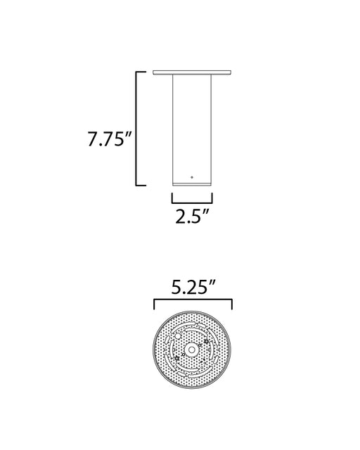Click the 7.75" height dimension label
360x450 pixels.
(x=110, y=139)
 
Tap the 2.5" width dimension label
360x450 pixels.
(x=192, y=217)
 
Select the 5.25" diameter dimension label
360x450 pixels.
(x=193, y=287)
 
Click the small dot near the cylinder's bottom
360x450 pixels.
(x=192, y=177)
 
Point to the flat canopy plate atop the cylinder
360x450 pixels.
(x=192, y=72)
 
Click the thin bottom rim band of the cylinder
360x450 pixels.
(x=192, y=184)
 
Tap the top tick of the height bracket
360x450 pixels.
(x=141, y=72)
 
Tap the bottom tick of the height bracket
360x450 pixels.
(x=141, y=185)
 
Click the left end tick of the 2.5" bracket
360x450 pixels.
(x=172, y=198)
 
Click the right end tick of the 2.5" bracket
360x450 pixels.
(x=212, y=198)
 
